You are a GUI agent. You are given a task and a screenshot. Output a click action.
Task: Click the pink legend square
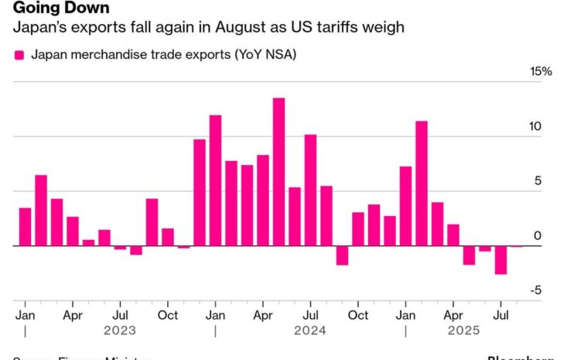click(19, 55)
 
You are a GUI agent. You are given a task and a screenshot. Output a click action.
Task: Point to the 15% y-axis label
click(541, 72)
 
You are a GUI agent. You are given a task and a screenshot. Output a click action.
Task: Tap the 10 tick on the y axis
click(545, 127)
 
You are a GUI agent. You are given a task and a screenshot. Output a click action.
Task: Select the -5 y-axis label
click(545, 291)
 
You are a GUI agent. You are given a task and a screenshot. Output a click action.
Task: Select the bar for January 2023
click(25, 227)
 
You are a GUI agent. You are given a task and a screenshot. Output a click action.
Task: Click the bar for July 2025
click(500, 260)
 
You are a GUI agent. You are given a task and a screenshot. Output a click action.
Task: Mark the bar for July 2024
click(310, 190)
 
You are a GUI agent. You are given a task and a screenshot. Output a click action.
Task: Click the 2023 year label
click(120, 331)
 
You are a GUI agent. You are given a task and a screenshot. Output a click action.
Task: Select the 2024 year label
click(309, 331)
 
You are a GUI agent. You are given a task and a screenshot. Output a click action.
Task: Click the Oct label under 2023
click(167, 315)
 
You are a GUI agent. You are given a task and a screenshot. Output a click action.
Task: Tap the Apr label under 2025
click(453, 315)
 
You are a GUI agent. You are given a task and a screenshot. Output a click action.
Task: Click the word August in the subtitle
click(235, 29)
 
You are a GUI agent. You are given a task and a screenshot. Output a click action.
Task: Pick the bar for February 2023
click(41, 211)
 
